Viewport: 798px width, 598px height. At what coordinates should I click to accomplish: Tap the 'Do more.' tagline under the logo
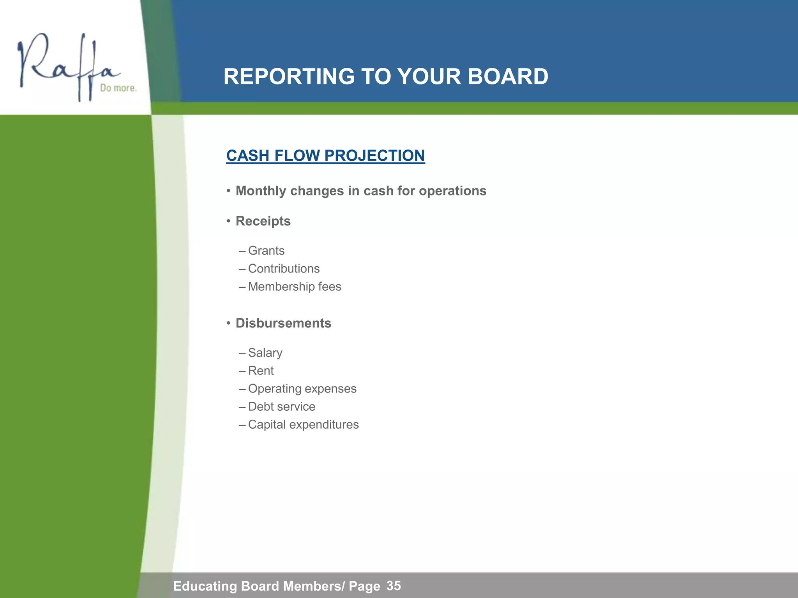coord(118,88)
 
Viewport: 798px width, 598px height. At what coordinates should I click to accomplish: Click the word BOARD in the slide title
coord(508,76)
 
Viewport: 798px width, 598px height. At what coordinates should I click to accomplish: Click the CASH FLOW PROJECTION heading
coord(325,156)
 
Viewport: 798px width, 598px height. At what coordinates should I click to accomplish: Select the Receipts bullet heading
coord(263,221)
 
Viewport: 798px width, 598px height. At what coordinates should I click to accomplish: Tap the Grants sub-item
coord(266,251)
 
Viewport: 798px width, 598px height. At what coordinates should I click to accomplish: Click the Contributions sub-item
coord(284,269)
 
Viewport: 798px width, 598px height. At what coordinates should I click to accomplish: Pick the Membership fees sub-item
coord(295,287)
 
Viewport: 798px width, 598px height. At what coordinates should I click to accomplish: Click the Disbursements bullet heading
coord(283,323)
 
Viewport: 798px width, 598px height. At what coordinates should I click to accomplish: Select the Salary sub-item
coord(265,353)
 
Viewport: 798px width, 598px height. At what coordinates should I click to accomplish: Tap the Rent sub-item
coord(261,371)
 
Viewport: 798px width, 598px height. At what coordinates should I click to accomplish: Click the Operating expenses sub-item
coord(302,389)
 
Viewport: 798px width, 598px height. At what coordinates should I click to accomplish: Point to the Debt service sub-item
coord(282,406)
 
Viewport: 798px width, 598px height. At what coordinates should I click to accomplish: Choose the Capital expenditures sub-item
coord(303,424)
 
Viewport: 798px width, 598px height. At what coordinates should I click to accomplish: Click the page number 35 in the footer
coord(394,586)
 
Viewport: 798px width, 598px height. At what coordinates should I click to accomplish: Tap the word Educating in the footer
coord(205,586)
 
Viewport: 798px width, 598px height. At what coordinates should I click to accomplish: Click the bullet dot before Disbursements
coord(229,323)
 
